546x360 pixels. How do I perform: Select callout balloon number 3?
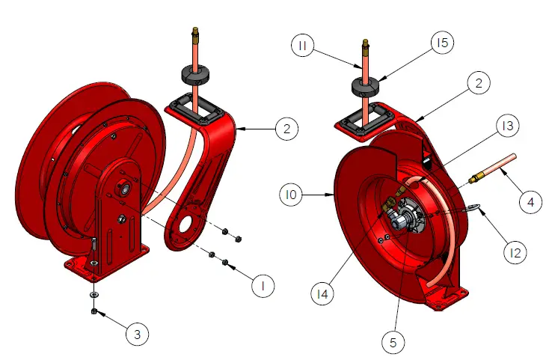(135, 335)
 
